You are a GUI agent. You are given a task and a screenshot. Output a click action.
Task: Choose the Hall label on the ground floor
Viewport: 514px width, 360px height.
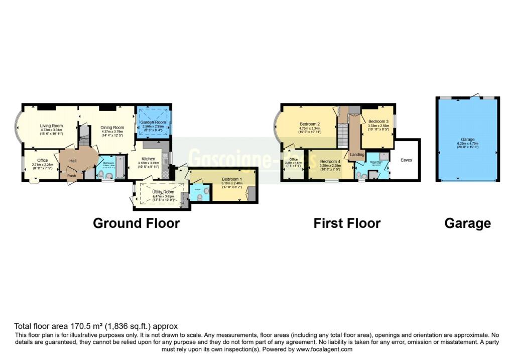(x=73, y=161)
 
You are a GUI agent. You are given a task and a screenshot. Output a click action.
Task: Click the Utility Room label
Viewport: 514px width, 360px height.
(x=163, y=192)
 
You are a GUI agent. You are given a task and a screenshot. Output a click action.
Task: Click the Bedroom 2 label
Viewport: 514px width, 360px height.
(x=310, y=124)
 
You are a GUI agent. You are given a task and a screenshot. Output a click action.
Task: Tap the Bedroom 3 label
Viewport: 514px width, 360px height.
(x=378, y=122)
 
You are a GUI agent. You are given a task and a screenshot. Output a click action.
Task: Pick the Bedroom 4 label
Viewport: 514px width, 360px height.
(x=330, y=161)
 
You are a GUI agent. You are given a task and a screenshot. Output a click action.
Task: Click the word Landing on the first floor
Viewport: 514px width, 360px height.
(x=357, y=155)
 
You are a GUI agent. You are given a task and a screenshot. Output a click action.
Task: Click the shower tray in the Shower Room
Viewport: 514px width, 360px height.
(x=384, y=156)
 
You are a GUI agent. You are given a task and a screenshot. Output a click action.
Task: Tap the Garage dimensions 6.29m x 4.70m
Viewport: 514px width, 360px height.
(x=467, y=144)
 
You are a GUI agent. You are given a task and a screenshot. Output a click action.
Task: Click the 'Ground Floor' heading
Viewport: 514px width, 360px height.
(x=136, y=223)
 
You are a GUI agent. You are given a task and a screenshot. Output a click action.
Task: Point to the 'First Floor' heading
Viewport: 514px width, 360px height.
(x=347, y=223)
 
